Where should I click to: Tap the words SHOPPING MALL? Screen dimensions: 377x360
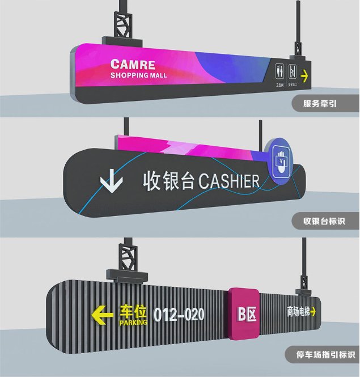tap(138, 75)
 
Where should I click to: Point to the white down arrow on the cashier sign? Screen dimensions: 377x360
tap(111, 182)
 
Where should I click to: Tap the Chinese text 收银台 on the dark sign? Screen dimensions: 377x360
tap(168, 182)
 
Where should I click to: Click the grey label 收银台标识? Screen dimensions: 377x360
tap(324, 221)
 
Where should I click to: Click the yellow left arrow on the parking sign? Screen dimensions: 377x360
tap(104, 314)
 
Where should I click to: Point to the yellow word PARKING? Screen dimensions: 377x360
tap(133, 323)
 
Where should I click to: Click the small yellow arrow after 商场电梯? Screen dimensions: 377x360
tap(312, 311)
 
